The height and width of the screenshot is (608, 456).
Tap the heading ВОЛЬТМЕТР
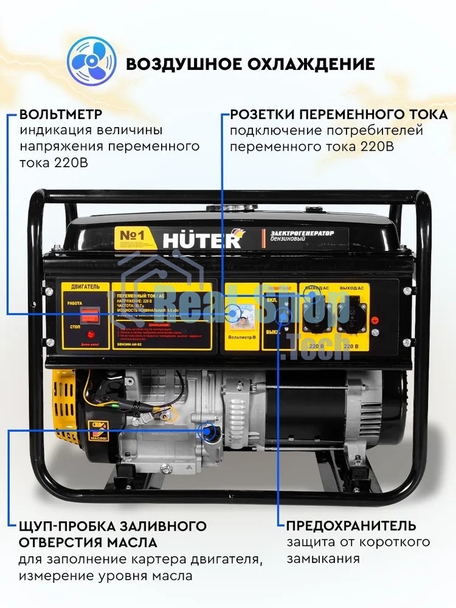(61, 115)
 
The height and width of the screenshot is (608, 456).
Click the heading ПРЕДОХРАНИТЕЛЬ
(351, 526)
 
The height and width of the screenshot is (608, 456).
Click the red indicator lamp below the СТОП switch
(91, 334)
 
